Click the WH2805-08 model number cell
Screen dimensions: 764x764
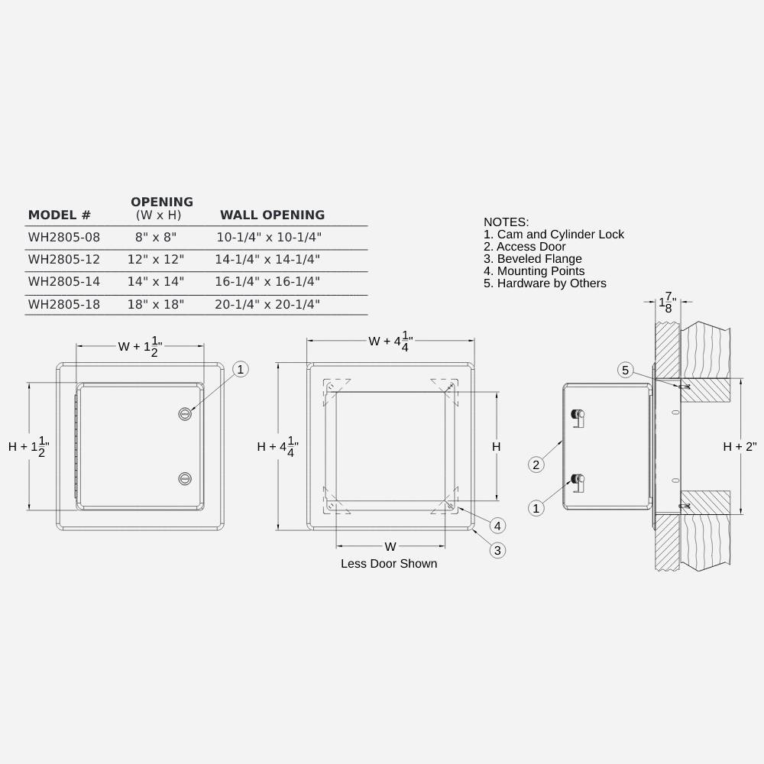pos(64,238)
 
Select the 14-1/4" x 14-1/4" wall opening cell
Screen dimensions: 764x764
pos(267,260)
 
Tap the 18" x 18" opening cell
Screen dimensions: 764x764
pos(156,304)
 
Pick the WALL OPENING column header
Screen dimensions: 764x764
pos(272,215)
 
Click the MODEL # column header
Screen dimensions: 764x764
pos(60,215)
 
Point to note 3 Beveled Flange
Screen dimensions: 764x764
pos(533,259)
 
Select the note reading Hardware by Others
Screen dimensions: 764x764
pos(545,283)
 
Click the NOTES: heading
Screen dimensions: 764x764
pos(506,222)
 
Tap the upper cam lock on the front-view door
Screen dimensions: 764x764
pos(184,413)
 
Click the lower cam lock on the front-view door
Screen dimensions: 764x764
pos(184,479)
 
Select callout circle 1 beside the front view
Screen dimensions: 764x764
pos(241,370)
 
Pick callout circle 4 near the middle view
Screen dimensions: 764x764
pos(497,526)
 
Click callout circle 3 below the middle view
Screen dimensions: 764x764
pos(497,549)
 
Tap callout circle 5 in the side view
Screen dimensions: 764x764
pos(625,371)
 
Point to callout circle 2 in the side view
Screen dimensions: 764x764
pos(536,465)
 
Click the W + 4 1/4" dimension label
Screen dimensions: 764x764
pos(390,341)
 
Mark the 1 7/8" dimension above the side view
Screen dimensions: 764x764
pos(668,302)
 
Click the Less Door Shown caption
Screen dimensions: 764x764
pos(389,564)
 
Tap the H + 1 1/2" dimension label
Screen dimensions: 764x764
pos(29,447)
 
